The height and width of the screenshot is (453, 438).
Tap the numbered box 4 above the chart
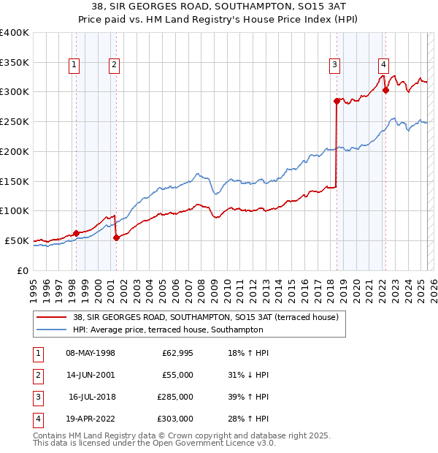[383, 64]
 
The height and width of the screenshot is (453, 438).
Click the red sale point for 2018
[337, 101]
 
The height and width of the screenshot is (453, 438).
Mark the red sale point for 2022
[385, 91]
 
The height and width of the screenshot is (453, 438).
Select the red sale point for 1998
[77, 233]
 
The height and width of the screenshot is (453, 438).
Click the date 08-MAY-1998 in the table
[91, 353]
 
